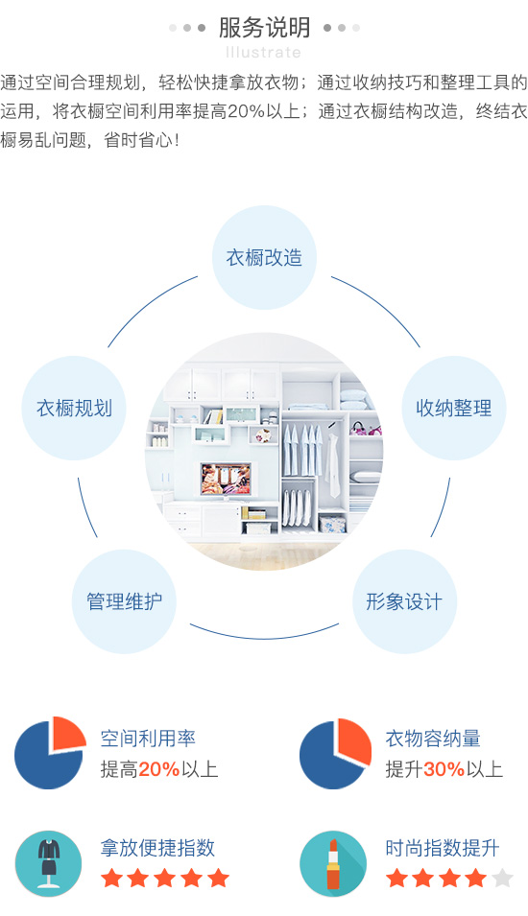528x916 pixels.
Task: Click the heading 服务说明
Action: [264, 28]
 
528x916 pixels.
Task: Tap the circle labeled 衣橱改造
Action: [264, 258]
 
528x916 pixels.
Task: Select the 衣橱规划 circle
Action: [74, 408]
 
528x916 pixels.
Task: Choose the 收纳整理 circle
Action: [454, 408]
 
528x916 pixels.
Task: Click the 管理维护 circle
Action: [124, 601]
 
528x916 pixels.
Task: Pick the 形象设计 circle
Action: [404, 601]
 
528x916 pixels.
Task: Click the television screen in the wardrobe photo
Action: [226, 479]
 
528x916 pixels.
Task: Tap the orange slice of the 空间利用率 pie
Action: [66, 734]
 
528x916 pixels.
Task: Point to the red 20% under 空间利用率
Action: [159, 769]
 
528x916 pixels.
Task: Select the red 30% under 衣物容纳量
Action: [444, 769]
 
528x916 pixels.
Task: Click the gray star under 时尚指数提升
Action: [502, 878]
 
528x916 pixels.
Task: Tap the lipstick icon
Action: [333, 864]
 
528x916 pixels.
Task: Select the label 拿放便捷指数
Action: [157, 848]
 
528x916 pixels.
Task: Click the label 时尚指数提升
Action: [443, 848]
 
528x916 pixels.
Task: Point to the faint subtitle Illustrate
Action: [264, 53]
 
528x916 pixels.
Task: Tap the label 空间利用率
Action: [148, 739]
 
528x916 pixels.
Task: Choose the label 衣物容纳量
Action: [433, 739]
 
